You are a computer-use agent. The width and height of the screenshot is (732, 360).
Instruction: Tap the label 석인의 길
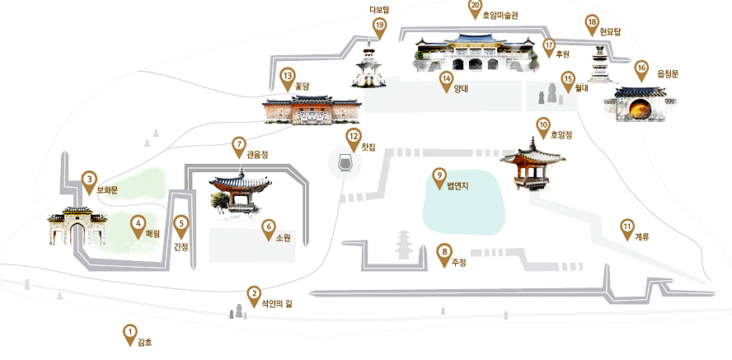coord(276,303)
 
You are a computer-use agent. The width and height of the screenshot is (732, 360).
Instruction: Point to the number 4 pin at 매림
coord(138,222)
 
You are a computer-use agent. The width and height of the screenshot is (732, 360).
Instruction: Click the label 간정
coord(181,246)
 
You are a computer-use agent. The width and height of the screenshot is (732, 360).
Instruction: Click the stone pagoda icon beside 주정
coord(405,244)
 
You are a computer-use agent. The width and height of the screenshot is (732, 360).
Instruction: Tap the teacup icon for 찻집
coord(345,162)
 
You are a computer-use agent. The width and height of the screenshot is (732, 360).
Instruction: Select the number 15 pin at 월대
coord(567,79)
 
